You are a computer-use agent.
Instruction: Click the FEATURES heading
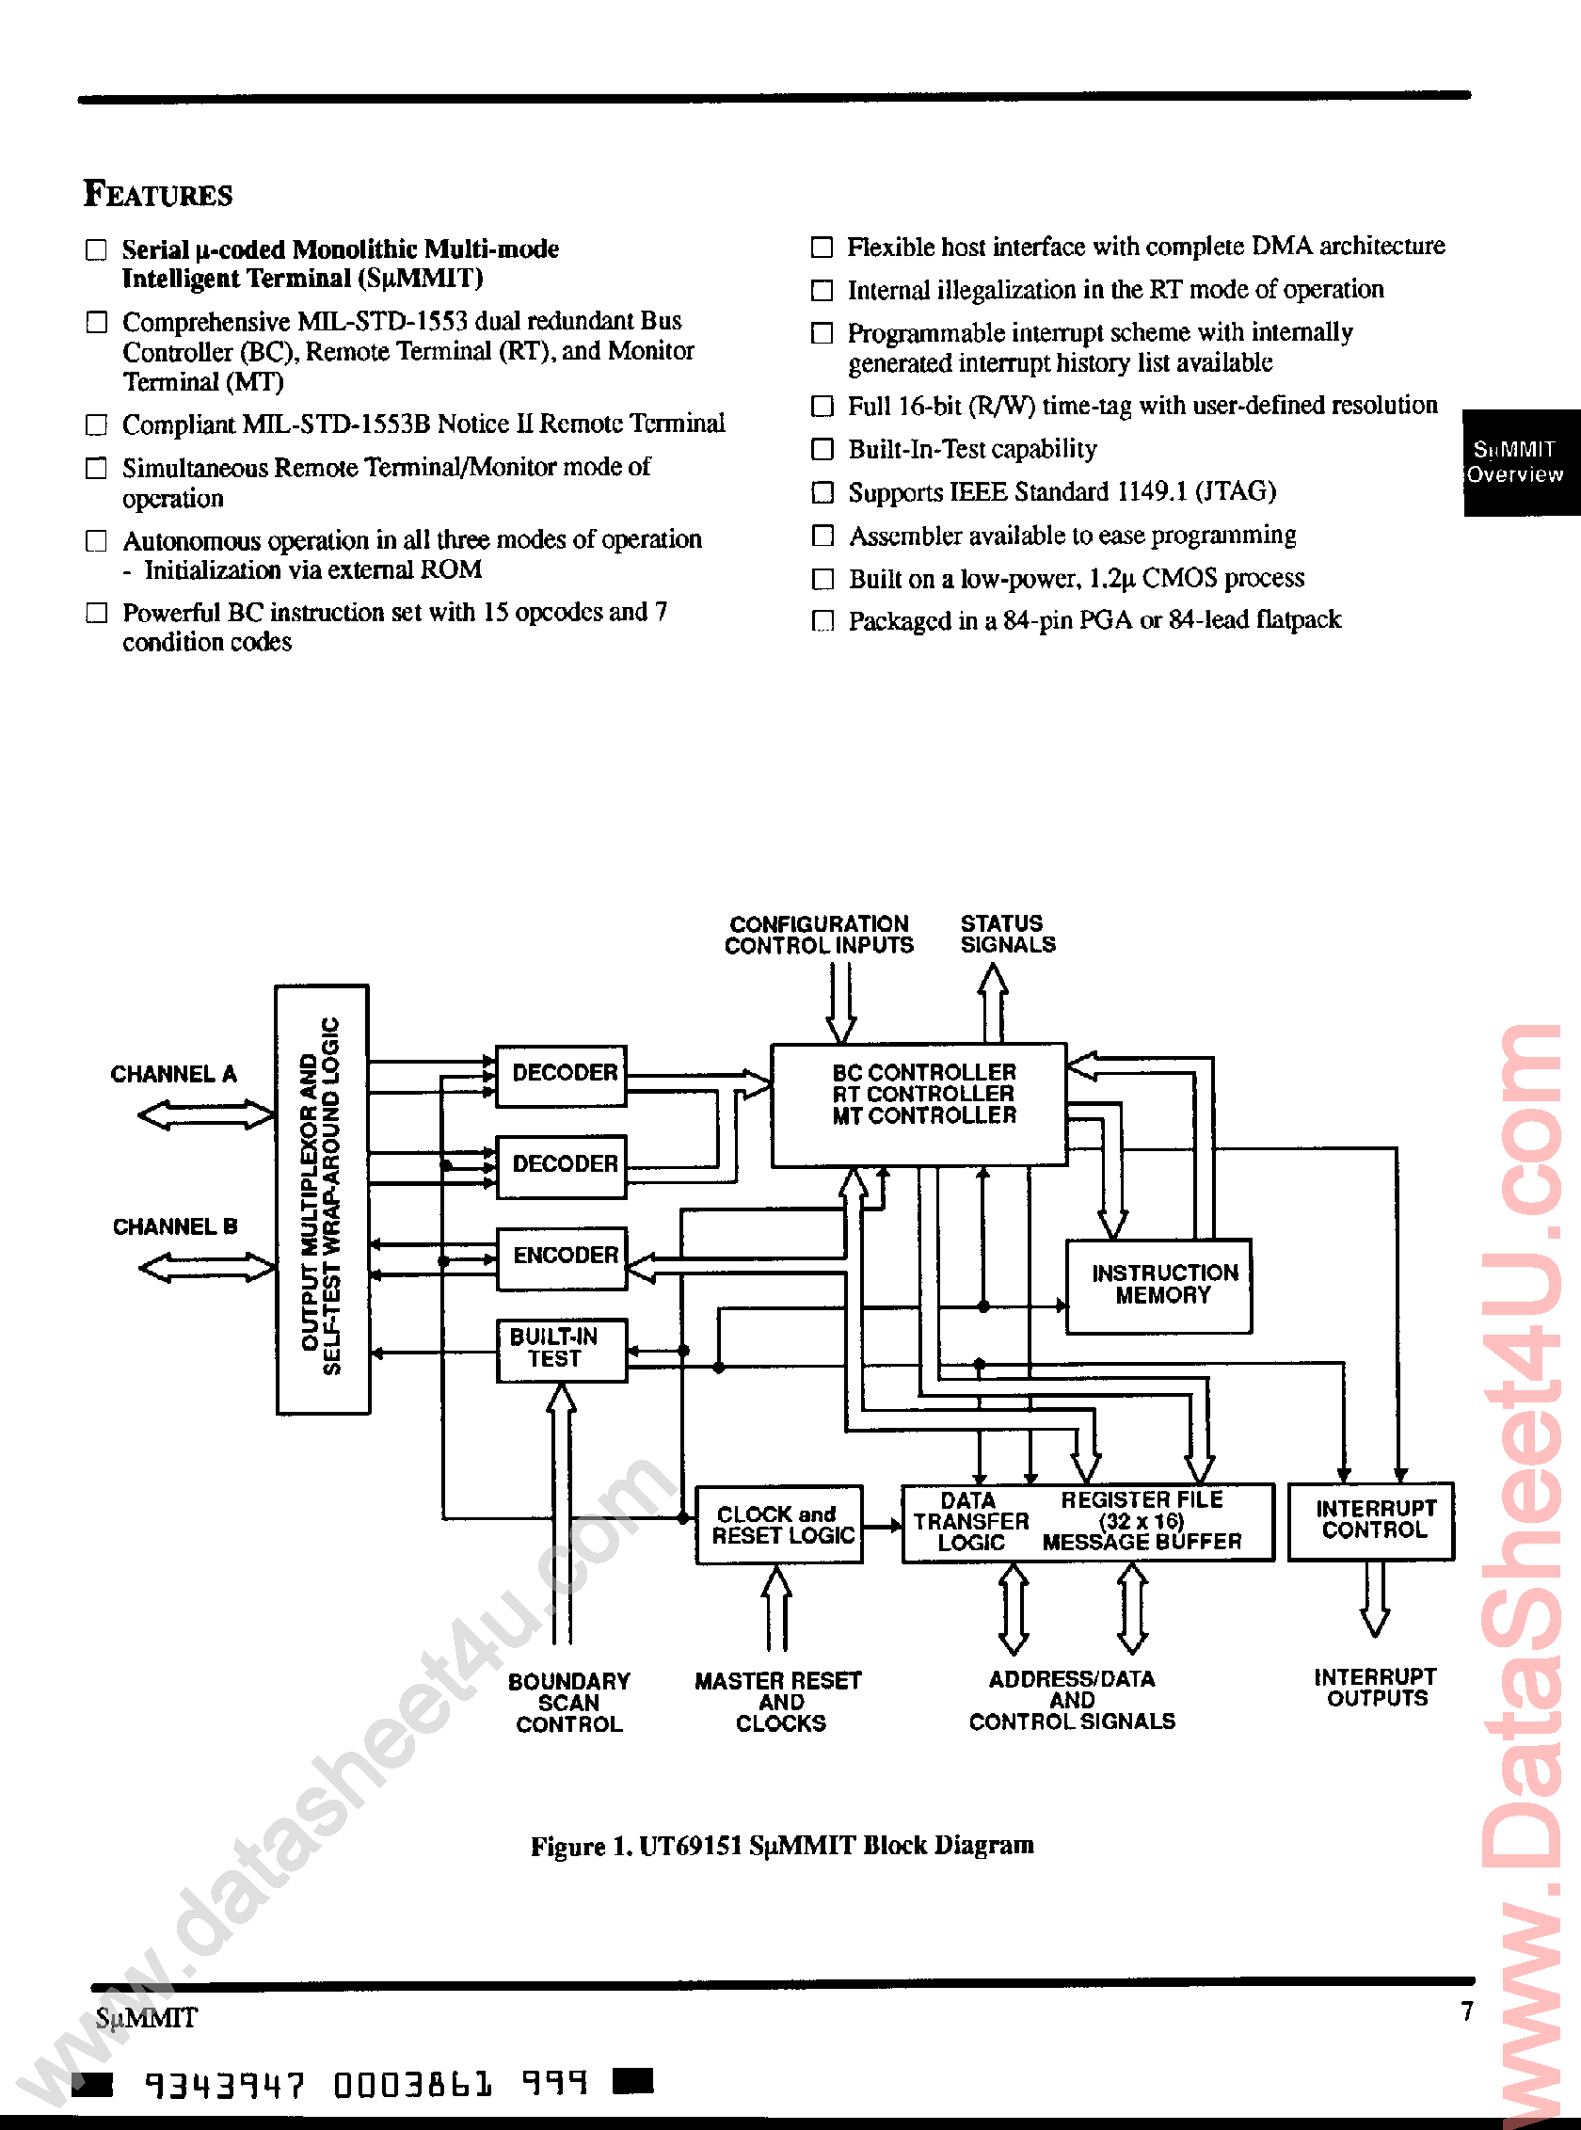tap(158, 194)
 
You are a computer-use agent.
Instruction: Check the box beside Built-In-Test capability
tap(822, 449)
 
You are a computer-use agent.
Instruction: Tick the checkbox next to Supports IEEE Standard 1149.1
tap(822, 492)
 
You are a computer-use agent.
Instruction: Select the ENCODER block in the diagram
tap(563, 1255)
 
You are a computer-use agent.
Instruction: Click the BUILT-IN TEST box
tap(561, 1348)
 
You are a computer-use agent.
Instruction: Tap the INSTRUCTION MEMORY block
tap(1160, 1285)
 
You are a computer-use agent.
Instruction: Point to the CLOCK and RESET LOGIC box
tap(778, 1525)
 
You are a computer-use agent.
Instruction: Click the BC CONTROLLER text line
tap(922, 1072)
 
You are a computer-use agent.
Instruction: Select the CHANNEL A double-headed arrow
tap(206, 1115)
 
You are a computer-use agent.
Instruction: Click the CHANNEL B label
tap(174, 1226)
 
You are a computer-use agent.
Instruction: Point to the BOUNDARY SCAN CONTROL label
tap(568, 1702)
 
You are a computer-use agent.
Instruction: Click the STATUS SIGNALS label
tap(1007, 934)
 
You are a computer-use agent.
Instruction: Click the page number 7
tap(1466, 2010)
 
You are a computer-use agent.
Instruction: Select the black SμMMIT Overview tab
tap(1517, 462)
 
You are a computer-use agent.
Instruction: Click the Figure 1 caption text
tap(782, 1845)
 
